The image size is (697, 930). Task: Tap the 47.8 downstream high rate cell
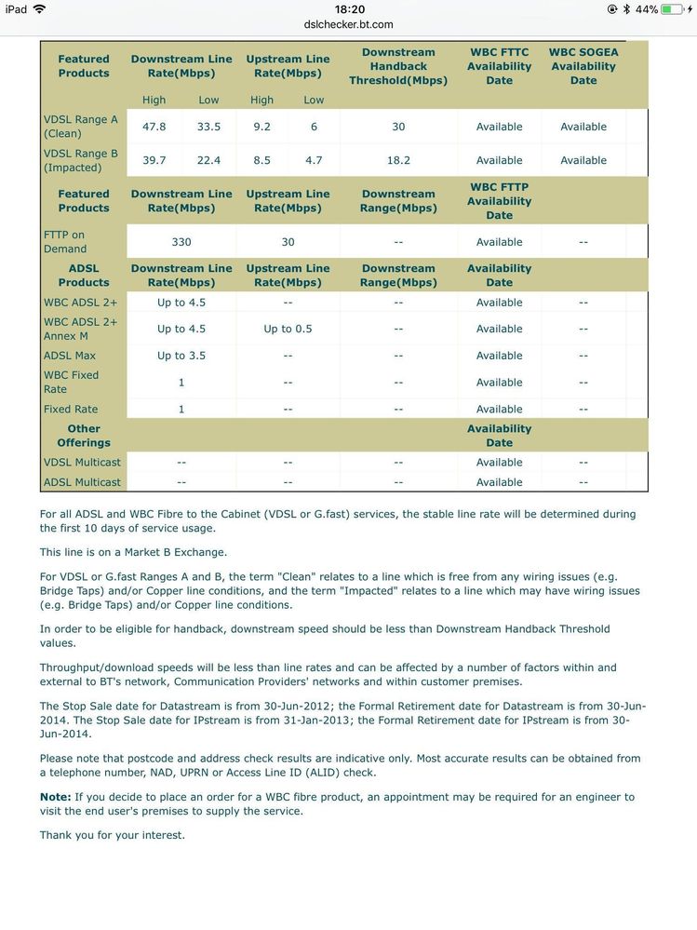click(x=154, y=127)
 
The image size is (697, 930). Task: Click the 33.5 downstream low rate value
click(x=208, y=127)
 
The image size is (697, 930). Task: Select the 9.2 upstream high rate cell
click(x=261, y=127)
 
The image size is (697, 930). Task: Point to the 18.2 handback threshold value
click(x=398, y=160)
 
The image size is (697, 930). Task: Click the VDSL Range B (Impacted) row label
click(x=81, y=160)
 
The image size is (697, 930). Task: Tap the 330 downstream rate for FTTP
click(x=181, y=242)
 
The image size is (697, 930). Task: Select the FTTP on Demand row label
click(x=65, y=242)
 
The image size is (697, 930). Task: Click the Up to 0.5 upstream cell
click(x=288, y=329)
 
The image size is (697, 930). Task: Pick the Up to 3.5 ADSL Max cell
click(x=181, y=356)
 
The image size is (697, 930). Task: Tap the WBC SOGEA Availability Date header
click(x=583, y=66)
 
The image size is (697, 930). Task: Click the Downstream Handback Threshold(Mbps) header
click(x=398, y=66)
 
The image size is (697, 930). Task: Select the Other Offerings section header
click(x=84, y=436)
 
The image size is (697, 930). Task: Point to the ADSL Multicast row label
click(x=82, y=482)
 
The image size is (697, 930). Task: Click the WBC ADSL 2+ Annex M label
click(x=81, y=329)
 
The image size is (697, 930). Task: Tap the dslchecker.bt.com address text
click(x=348, y=24)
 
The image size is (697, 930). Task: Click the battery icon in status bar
click(x=672, y=9)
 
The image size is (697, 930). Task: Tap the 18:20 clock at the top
click(x=349, y=9)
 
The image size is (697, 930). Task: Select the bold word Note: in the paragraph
click(x=55, y=797)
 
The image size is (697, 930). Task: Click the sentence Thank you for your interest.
click(x=113, y=835)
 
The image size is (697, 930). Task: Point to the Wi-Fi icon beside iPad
click(x=39, y=9)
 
